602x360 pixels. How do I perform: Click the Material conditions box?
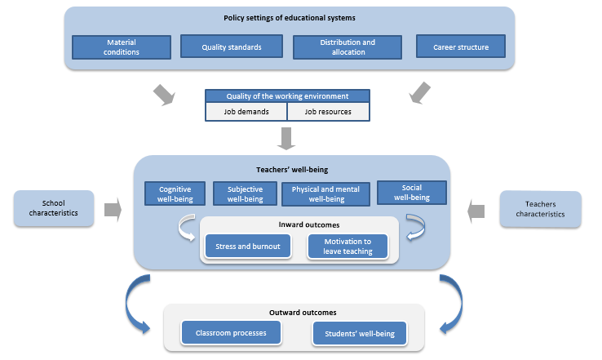[x=122, y=47]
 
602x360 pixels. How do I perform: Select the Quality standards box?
[x=232, y=47]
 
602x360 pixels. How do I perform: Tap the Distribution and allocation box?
[x=345, y=47]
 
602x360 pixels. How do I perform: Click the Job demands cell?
[x=246, y=112]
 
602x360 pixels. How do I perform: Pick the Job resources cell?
[x=328, y=112]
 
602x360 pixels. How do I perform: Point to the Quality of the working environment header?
[x=287, y=96]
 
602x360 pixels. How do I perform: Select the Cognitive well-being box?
[x=175, y=193]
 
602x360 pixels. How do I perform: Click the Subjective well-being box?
[x=244, y=193]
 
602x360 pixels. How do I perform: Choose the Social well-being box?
[x=412, y=193]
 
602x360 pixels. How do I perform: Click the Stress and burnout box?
[x=248, y=247]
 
